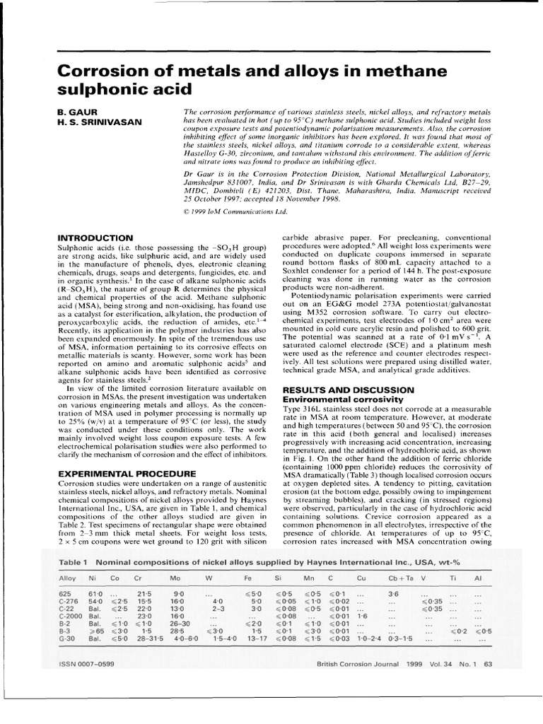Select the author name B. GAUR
(x=75, y=112)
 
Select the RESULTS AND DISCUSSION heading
(x=348, y=390)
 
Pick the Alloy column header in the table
(x=68, y=578)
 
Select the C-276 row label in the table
(x=69, y=600)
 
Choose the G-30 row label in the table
(x=67, y=639)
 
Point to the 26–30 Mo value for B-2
(x=179, y=624)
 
